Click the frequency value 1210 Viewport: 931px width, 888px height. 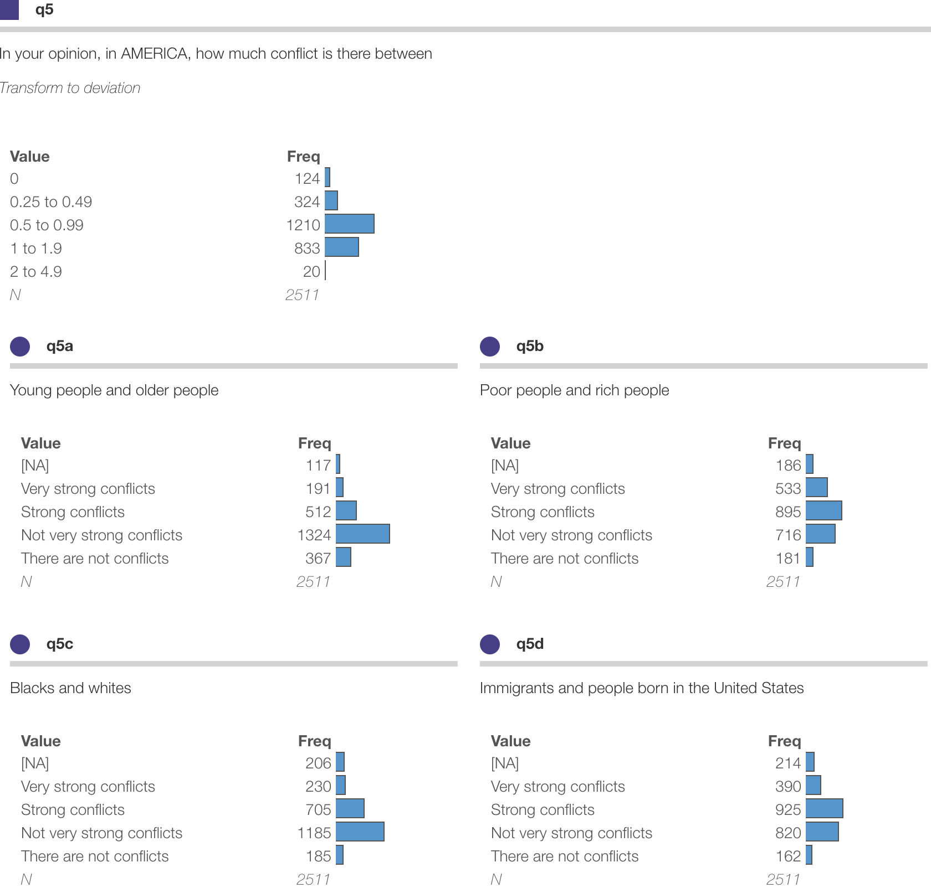pyautogui.click(x=303, y=225)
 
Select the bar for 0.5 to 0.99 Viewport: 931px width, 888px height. pyautogui.click(x=349, y=224)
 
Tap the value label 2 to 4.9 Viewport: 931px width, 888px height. pyautogui.click(x=36, y=272)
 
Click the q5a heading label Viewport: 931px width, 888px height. pyautogui.click(x=60, y=346)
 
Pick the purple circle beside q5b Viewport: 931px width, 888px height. pyautogui.click(x=490, y=347)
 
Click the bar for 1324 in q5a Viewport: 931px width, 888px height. pyautogui.click(x=362, y=534)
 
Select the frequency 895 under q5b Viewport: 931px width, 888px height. pyautogui.click(x=788, y=512)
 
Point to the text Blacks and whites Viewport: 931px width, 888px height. pyautogui.click(x=70, y=688)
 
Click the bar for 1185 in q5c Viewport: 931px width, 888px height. pyautogui.click(x=360, y=832)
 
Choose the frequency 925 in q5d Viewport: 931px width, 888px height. pyautogui.click(x=788, y=810)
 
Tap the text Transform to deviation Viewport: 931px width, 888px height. pyautogui.click(x=70, y=88)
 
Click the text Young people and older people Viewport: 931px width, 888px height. pyautogui.click(x=114, y=390)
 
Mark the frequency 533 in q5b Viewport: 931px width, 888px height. pyautogui.click(x=788, y=489)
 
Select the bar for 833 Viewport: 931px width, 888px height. pyautogui.click(x=341, y=247)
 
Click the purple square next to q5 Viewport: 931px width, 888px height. pyautogui.click(x=9, y=9)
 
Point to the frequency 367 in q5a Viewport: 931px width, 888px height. pyautogui.click(x=318, y=559)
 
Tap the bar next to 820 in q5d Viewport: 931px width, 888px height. pyautogui.click(x=822, y=832)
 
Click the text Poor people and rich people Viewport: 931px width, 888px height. pyautogui.click(x=574, y=390)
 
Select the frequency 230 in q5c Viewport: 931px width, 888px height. pyautogui.click(x=318, y=787)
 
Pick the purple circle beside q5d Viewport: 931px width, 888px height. pyautogui.click(x=490, y=644)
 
